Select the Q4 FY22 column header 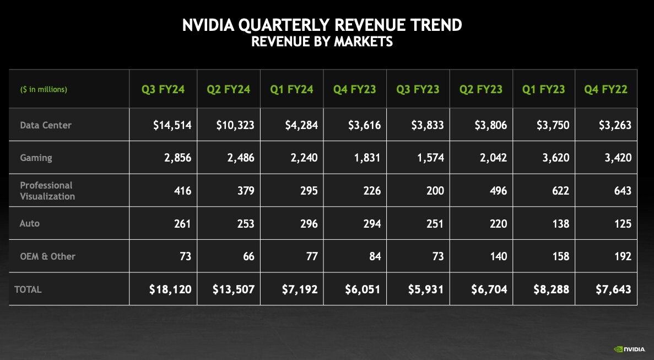coord(606,89)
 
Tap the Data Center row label coord(46,125)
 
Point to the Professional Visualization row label coord(47,191)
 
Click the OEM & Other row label coord(47,256)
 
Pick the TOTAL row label coord(28,289)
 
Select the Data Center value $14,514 coord(172,125)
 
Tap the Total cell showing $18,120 coord(170,289)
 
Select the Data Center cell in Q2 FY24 coord(235,125)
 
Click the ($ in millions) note coord(44,89)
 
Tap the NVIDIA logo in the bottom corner coord(630,349)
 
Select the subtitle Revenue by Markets coord(322,41)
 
